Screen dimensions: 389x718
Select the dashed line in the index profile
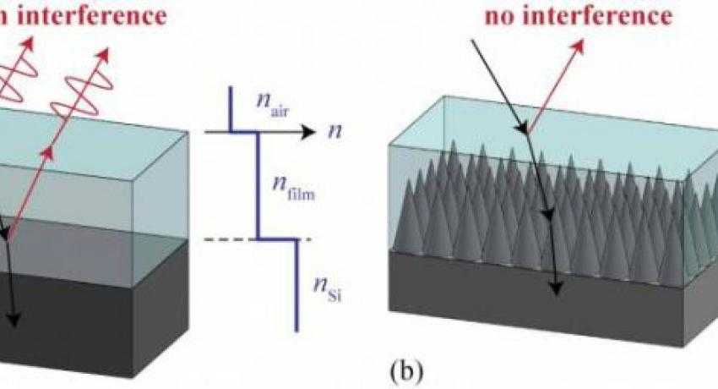(x=228, y=240)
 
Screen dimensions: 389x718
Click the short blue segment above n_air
(x=231, y=110)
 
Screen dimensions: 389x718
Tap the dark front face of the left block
(x=68, y=321)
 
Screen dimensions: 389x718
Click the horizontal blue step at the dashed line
(x=277, y=240)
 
